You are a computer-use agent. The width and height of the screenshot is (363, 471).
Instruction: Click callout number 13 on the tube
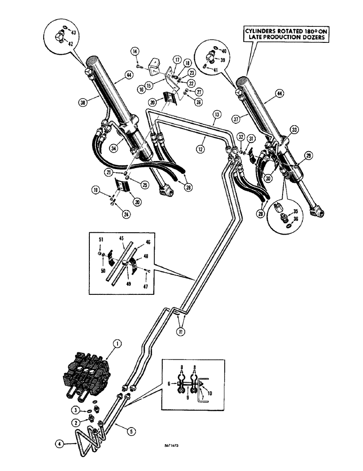pyautogui.click(x=217, y=114)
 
